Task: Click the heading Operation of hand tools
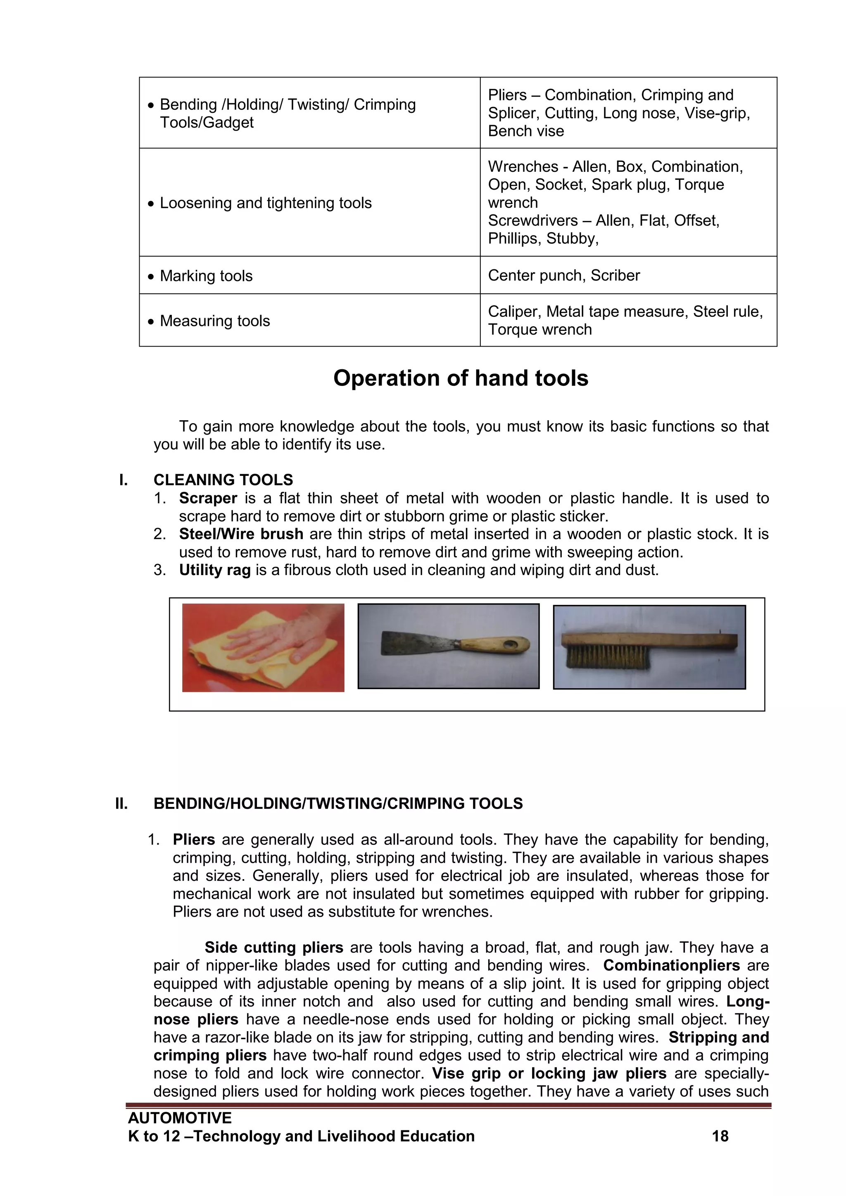click(x=461, y=378)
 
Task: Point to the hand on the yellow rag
click(x=271, y=638)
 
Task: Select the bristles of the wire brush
click(x=607, y=657)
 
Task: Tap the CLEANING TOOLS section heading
click(x=223, y=480)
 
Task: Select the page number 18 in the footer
click(x=720, y=1136)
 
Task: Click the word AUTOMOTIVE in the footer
click(x=180, y=1118)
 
